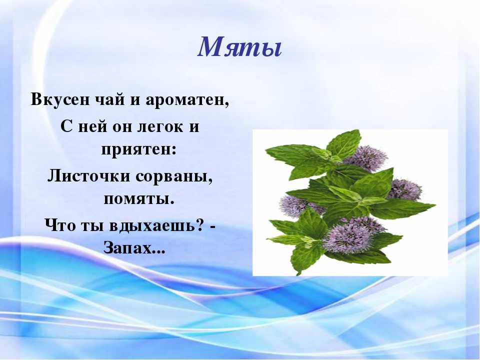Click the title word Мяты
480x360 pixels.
point(239,47)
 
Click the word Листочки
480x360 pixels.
point(89,175)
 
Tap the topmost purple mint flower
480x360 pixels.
point(364,158)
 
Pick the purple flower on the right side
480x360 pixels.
point(404,189)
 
